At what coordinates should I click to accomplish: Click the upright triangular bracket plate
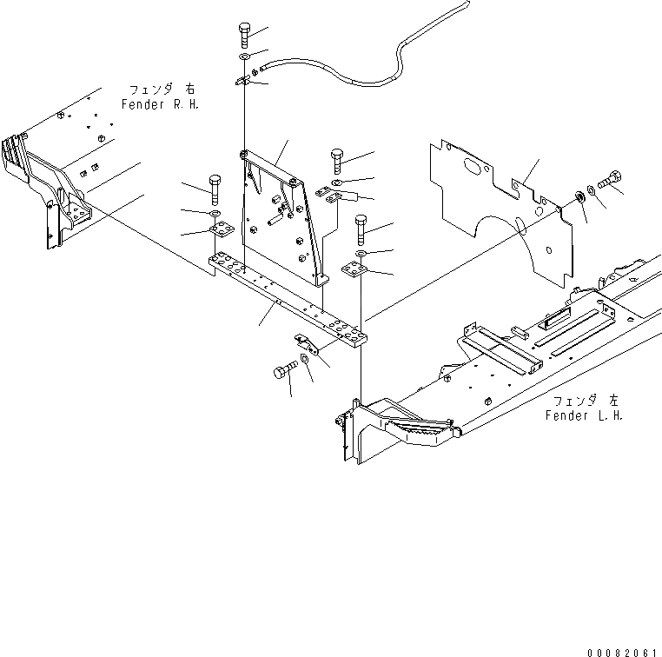pyautogui.click(x=282, y=217)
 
